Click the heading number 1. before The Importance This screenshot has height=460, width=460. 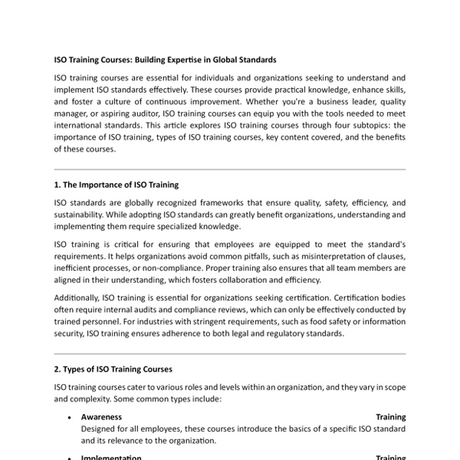pos(58,184)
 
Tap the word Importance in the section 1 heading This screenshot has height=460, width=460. pos(107,184)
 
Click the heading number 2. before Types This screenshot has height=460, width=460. pos(58,370)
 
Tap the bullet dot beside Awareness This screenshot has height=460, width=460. pos(70,418)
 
